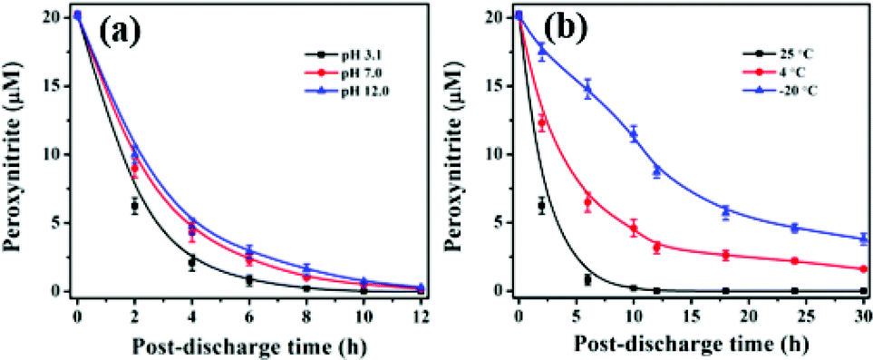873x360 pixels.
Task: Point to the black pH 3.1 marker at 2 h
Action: [x=134, y=206]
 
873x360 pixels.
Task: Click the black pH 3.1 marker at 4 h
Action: [x=192, y=262]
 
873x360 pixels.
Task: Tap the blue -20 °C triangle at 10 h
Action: [x=634, y=134]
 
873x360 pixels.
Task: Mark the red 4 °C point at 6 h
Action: [x=587, y=202]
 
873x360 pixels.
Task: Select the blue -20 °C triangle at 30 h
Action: [x=863, y=238]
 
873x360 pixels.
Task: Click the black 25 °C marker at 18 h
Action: [x=725, y=291]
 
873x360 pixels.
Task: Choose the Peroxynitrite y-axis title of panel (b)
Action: [x=463, y=154]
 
